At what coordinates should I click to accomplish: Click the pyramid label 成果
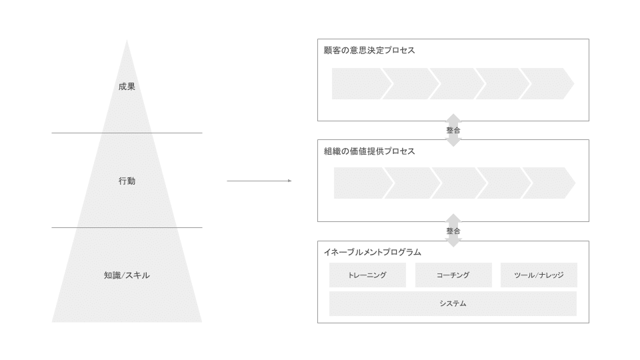pos(127,86)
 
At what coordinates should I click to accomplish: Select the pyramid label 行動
pos(127,181)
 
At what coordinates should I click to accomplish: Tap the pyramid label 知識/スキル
pos(127,275)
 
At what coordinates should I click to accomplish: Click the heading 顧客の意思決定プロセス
pos(369,50)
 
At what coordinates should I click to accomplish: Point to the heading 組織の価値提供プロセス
pos(369,151)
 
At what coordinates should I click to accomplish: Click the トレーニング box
pos(367,275)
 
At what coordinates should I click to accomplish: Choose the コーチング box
pos(453,275)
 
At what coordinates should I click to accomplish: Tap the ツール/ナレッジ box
pos(539,275)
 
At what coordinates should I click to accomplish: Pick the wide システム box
pos(453,303)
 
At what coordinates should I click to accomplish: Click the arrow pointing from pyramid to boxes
pos(259,181)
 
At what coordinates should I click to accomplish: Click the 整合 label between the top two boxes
pos(453,130)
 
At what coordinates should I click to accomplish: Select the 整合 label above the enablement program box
pos(453,231)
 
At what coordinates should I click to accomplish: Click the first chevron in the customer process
pos(359,83)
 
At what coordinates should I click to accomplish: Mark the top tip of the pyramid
pos(127,40)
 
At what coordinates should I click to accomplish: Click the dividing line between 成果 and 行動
pos(127,133)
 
